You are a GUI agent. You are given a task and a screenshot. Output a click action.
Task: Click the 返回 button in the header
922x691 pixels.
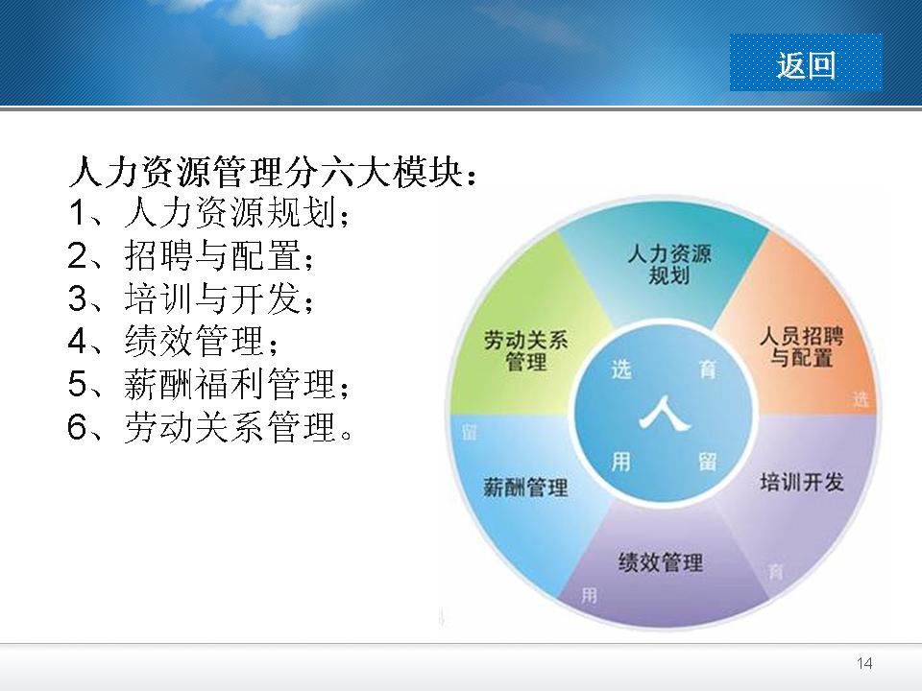806,63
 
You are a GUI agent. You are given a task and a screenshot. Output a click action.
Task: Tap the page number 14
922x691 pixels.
864,663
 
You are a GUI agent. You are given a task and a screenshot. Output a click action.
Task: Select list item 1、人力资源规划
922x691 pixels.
209,212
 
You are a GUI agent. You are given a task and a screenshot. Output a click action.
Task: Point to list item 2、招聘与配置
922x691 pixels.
191,255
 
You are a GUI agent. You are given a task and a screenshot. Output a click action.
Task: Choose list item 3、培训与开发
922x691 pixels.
191,298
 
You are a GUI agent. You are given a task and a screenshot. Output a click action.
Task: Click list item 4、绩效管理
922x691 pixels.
173,341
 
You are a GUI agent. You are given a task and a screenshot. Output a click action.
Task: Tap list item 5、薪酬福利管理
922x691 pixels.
209,384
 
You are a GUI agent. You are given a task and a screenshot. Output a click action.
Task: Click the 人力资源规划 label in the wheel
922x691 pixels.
669,265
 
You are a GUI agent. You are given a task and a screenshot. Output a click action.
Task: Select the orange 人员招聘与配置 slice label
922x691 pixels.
801,346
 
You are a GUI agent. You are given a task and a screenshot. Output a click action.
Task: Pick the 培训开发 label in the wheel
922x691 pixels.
802,482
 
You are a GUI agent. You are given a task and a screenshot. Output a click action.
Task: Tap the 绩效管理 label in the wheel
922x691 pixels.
661,562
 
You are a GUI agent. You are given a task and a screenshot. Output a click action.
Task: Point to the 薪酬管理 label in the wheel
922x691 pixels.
525,488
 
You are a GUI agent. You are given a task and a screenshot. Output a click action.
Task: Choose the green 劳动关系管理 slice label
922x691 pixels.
525,351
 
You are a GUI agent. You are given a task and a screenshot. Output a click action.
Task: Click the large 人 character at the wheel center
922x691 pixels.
665,414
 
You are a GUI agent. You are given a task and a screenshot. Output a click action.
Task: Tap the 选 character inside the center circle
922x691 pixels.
621,369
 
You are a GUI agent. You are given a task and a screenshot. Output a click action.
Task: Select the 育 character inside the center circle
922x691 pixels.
708,369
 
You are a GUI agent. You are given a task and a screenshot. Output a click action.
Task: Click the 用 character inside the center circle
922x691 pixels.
621,462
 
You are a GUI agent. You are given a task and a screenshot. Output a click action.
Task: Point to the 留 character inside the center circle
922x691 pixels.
708,462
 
